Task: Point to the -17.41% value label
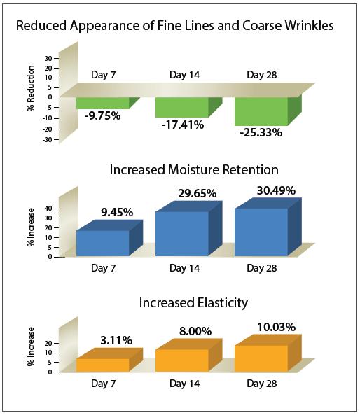pyautogui.click(x=183, y=125)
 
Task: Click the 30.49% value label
pyautogui.click(x=276, y=190)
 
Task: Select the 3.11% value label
pyautogui.click(x=116, y=340)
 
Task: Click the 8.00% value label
pyautogui.click(x=195, y=331)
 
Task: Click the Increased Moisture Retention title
pyautogui.click(x=194, y=169)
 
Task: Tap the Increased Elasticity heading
pyautogui.click(x=193, y=302)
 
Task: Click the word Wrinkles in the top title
pyautogui.click(x=307, y=26)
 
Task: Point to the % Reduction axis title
pyautogui.click(x=31, y=88)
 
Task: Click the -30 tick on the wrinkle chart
pyautogui.click(x=47, y=139)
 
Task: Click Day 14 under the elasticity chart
pyautogui.click(x=184, y=384)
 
